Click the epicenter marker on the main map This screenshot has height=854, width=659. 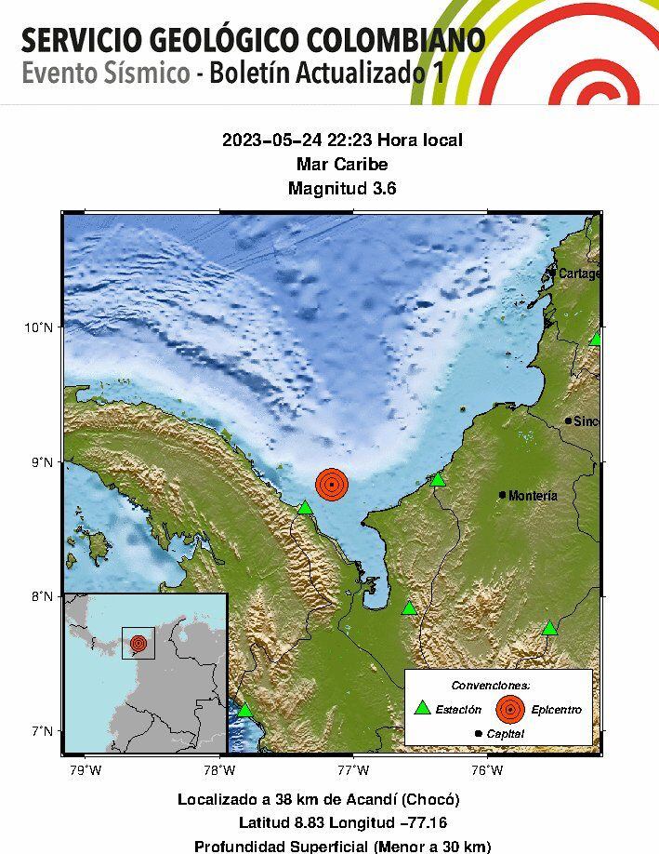[331, 484]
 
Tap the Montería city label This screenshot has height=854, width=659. [534, 496]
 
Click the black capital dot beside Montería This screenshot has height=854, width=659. [503, 495]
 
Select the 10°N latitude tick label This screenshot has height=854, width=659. [38, 327]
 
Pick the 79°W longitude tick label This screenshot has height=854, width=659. [86, 769]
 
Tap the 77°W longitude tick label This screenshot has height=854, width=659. [353, 769]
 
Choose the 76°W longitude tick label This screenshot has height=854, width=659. [487, 769]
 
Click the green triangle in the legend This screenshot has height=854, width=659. [423, 707]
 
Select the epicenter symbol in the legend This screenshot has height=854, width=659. [509, 709]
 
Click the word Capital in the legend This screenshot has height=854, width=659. [505, 734]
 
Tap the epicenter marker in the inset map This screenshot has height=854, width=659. [138, 643]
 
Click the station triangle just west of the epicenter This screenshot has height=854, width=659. [305, 507]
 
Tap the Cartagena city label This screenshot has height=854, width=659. [575, 274]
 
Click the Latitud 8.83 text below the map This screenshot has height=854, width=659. [290, 822]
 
